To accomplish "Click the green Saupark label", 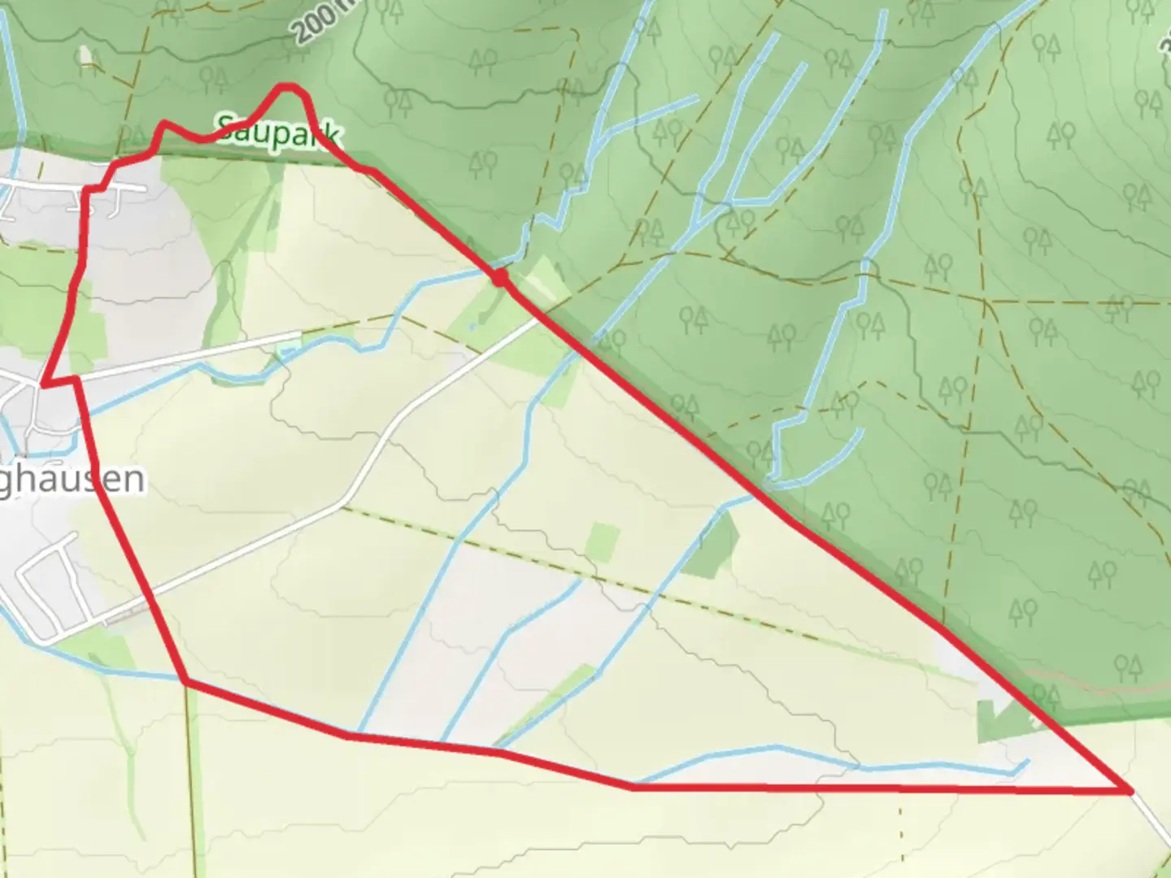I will pos(276,132).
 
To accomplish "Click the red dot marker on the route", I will pos(500,278).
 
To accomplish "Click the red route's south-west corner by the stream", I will pos(186,682).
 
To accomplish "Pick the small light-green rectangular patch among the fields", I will pos(603,542).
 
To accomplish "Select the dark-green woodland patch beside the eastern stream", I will pos(712,545).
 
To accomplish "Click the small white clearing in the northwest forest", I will pos(85,55).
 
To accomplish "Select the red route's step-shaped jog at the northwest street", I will pos(88,189).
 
